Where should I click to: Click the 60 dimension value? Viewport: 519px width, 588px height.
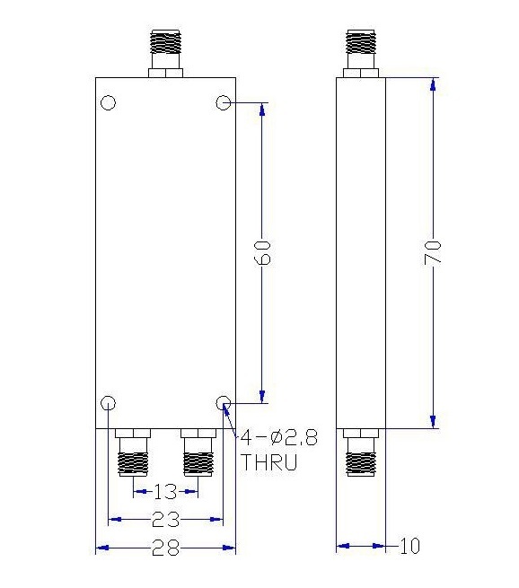(262, 253)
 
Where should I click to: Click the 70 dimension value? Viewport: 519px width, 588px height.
(433, 253)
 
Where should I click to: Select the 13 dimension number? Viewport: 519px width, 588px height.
(165, 492)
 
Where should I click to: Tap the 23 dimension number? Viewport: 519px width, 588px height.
(166, 520)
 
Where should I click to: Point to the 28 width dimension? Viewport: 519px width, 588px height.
(166, 548)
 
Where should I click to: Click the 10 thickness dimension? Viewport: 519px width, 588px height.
(409, 546)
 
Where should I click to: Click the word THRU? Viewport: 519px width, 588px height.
(268, 462)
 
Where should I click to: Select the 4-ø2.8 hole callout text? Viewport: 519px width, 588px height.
(278, 437)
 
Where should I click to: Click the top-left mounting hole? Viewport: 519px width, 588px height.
(109, 102)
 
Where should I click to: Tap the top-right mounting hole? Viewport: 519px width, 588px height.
(224, 102)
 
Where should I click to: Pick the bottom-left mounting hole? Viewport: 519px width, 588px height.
(109, 403)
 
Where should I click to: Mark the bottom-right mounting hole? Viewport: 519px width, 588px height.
(224, 403)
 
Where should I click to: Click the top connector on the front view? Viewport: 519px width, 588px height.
(165, 54)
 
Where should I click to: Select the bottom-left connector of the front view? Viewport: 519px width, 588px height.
(133, 452)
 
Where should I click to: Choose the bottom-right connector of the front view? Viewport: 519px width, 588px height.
(198, 452)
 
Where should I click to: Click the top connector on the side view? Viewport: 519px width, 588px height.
(361, 54)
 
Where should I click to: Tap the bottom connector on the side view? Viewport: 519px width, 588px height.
(361, 452)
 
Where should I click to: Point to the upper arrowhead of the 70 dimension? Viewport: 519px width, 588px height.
(433, 84)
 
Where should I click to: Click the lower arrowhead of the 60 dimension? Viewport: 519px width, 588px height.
(262, 397)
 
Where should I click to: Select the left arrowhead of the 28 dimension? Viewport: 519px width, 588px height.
(102, 548)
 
